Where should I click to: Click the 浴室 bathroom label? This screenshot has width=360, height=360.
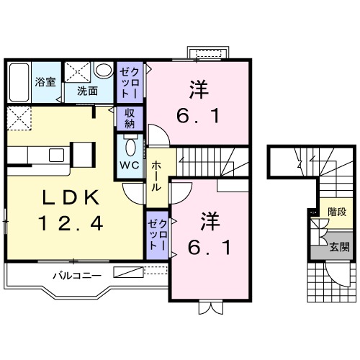45,82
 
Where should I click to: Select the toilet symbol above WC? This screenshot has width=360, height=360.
130,146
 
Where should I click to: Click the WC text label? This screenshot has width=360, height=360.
130,165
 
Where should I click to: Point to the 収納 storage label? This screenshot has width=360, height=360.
130,117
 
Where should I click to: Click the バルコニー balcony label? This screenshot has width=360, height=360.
75,275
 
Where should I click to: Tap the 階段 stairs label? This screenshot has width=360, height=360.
337,212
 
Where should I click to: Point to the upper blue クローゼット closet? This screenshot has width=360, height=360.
130,81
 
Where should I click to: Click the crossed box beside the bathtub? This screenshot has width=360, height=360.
76,72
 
